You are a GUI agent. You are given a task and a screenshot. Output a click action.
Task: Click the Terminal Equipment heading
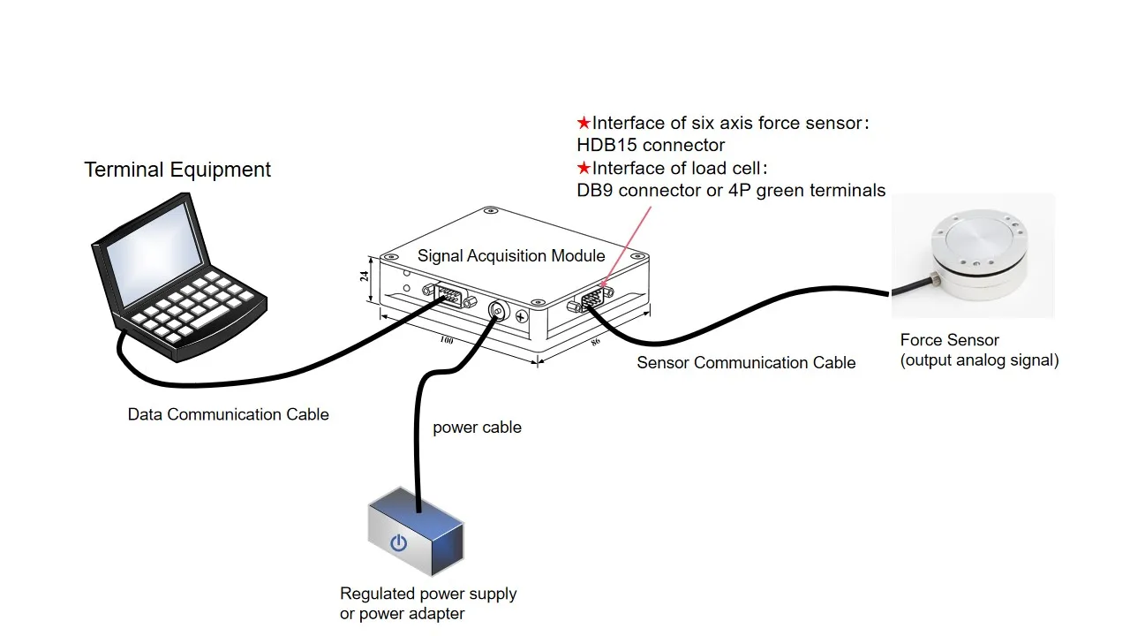177,170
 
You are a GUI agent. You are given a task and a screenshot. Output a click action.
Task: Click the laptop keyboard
192,306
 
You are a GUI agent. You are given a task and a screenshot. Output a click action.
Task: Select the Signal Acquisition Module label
511,256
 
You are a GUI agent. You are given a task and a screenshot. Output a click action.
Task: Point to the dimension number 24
365,276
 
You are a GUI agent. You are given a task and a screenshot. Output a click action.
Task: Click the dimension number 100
447,340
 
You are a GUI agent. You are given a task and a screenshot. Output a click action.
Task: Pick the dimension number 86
596,342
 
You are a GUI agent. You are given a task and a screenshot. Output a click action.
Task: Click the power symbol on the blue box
398,542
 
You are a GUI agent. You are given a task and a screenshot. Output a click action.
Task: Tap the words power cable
478,428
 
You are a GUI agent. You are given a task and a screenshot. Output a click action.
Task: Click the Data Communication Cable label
228,414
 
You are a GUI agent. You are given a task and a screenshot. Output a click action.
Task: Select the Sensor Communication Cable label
746,362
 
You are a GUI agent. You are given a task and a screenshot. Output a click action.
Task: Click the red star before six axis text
584,123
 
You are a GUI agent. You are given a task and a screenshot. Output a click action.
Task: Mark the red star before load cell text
584,168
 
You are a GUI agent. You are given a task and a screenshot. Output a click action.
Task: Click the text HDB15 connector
651,146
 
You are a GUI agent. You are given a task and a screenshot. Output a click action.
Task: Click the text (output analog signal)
979,360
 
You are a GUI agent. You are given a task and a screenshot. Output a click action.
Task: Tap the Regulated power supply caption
428,594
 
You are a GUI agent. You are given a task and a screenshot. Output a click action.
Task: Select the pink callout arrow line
626,246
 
